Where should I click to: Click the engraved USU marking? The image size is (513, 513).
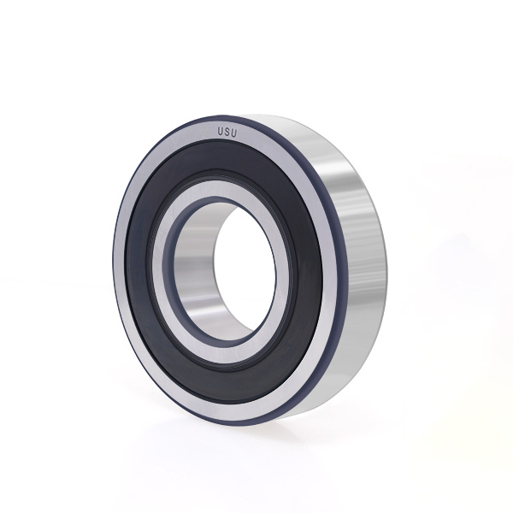coord(227,133)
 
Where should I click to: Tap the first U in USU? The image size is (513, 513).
coord(221,132)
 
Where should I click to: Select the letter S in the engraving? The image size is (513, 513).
coord(227,133)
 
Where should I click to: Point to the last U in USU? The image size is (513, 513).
coord(234,133)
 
